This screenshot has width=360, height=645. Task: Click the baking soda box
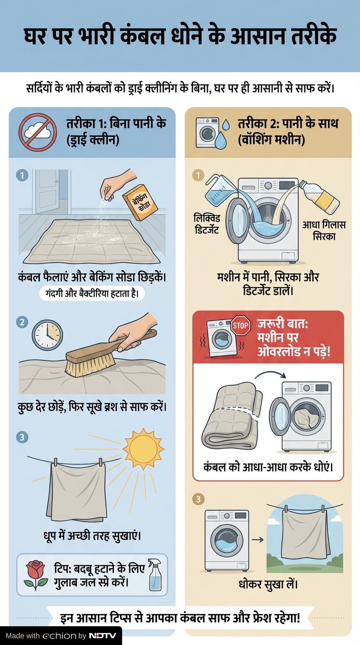click(140, 202)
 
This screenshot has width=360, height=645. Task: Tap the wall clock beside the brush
click(47, 335)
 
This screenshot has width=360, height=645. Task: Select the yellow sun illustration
click(143, 449)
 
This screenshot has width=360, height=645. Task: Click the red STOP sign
click(241, 325)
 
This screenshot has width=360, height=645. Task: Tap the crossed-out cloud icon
click(37, 132)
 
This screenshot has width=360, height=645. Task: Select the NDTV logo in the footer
click(103, 636)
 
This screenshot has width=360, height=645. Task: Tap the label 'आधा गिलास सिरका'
click(324, 230)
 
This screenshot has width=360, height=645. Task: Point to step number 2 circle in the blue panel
click(22, 322)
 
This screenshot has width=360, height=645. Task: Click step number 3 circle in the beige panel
click(198, 499)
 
